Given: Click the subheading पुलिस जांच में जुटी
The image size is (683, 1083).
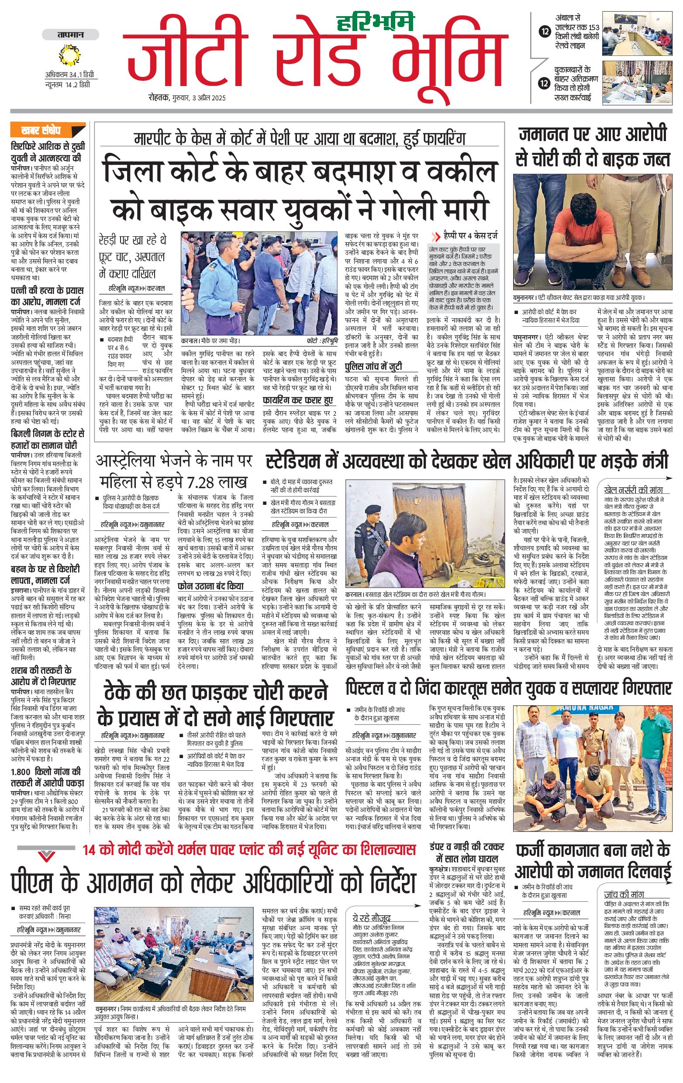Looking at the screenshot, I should [373, 366].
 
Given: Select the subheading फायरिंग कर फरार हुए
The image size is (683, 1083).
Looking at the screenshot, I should [298, 400].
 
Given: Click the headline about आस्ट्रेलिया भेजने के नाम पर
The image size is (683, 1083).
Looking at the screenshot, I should [173, 471].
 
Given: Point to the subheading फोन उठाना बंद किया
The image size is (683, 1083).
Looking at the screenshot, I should [210, 586].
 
